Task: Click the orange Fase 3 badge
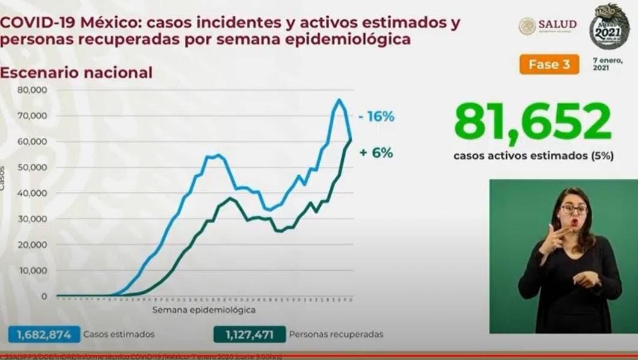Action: (x=549, y=64)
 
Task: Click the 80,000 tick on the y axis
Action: (x=33, y=90)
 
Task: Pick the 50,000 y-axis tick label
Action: (x=33, y=167)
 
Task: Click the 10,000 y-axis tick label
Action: (x=33, y=271)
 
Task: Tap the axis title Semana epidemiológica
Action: (x=203, y=311)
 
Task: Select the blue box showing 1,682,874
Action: (x=41, y=334)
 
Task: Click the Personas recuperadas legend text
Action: (x=336, y=334)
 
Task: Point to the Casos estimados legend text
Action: (x=119, y=334)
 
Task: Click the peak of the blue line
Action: (x=339, y=100)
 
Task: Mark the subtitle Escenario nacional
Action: (x=76, y=73)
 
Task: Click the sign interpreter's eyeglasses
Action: (x=573, y=209)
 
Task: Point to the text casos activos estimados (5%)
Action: (x=533, y=156)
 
